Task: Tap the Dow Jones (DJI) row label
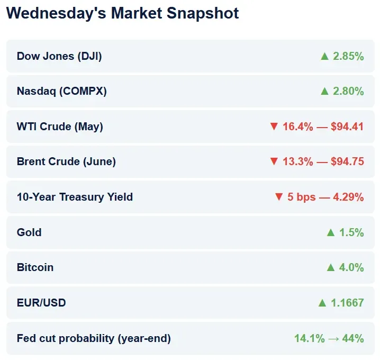(59, 56)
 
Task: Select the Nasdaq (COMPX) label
(62, 91)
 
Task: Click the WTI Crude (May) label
(60, 127)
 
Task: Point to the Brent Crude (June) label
(66, 161)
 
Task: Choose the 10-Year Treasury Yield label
(75, 197)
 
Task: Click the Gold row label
(29, 232)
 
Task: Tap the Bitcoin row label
(35, 267)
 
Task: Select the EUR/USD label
(41, 303)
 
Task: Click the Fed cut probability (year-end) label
(94, 338)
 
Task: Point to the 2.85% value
(348, 56)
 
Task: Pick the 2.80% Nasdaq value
(348, 91)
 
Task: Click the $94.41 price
(347, 127)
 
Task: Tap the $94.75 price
(347, 161)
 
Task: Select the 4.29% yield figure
(348, 197)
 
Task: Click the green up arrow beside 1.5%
(331, 232)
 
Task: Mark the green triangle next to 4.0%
(331, 267)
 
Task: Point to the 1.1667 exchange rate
(348, 303)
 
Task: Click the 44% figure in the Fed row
(354, 338)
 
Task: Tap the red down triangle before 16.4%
(274, 127)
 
